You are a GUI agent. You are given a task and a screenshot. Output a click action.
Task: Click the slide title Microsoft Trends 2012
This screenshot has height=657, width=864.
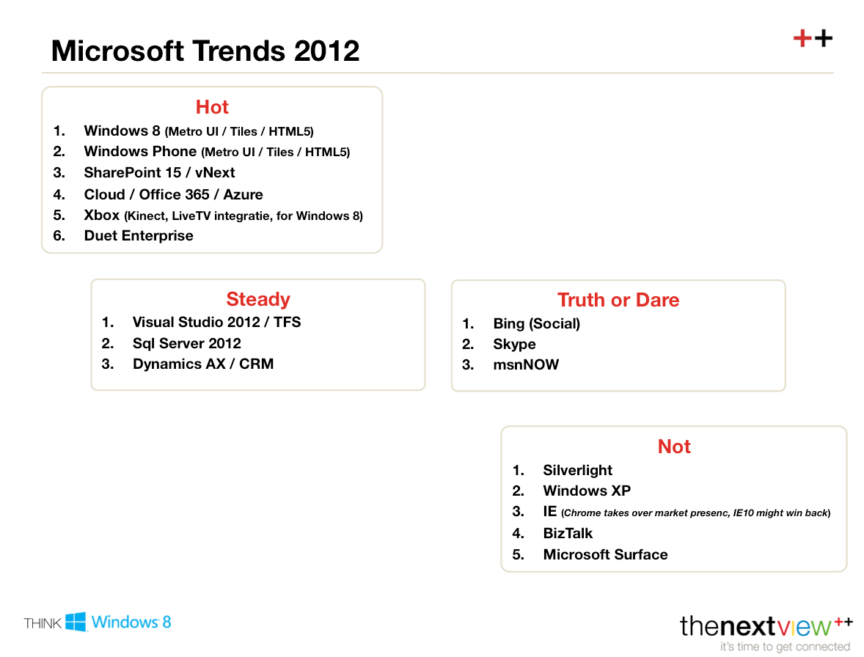coord(205,51)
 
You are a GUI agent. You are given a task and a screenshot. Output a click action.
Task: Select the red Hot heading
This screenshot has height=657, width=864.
coord(212,107)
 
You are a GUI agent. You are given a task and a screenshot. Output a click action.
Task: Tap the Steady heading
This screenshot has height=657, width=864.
coord(258,299)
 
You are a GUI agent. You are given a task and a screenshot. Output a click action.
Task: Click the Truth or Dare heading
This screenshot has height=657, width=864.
coord(618,300)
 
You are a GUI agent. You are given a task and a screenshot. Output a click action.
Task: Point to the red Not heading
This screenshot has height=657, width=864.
coord(674,447)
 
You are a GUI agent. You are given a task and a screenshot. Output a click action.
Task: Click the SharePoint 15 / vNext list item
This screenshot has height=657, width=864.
coord(159,173)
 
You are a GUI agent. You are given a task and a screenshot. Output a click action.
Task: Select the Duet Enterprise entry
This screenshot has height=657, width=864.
coord(139,236)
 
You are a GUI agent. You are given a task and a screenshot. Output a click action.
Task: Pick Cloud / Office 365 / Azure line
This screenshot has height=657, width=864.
coord(173,194)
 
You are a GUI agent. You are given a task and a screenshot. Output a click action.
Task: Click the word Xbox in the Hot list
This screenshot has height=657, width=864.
coord(101,216)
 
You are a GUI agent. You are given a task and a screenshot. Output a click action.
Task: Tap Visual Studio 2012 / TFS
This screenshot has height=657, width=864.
coord(216,323)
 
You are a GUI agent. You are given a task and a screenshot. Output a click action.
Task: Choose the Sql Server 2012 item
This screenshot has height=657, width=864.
coord(186,344)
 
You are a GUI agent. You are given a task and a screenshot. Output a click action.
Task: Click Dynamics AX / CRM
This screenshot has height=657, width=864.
coord(202,364)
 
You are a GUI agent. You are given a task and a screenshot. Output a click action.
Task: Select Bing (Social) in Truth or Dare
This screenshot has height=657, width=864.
coord(536,324)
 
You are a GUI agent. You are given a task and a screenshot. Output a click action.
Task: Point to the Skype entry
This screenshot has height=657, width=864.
coord(514,345)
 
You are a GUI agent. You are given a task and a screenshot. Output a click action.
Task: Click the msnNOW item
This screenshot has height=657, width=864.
coord(526,365)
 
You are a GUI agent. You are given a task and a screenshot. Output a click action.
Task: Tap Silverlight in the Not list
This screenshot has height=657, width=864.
coord(577,471)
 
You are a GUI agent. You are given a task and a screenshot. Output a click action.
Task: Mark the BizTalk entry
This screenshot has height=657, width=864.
coord(568,534)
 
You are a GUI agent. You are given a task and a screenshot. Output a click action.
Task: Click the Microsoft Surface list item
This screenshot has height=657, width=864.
coord(605,555)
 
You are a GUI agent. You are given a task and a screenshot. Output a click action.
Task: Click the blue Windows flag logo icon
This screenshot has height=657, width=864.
coord(76,622)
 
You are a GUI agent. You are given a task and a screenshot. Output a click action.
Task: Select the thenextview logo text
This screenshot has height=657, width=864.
coord(755,626)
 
